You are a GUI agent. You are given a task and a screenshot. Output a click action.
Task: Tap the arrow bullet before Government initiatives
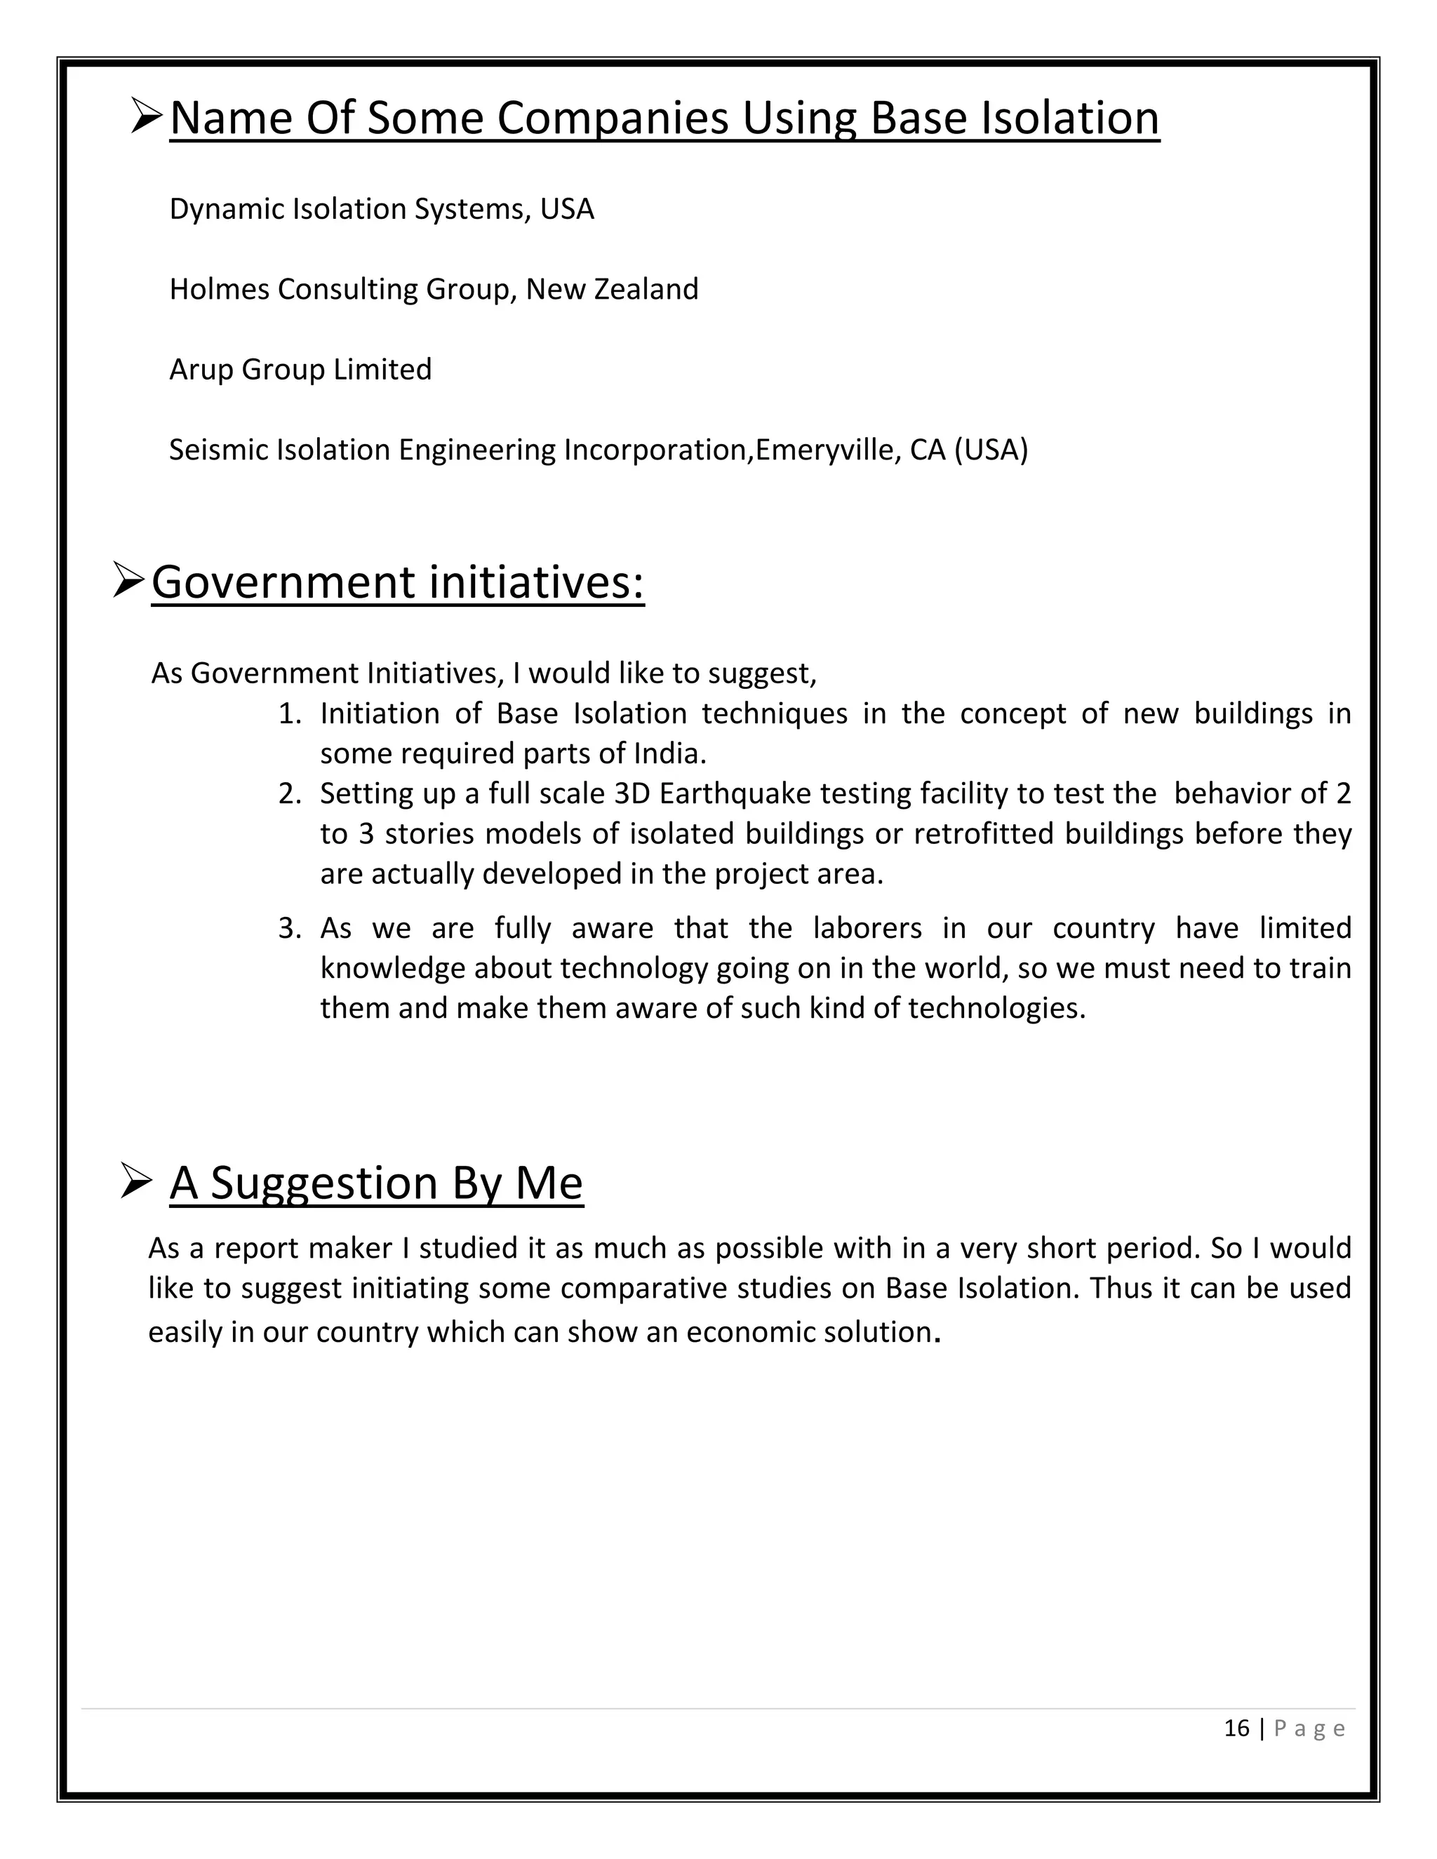pos(131,582)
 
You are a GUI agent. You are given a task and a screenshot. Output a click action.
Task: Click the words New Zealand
pos(611,290)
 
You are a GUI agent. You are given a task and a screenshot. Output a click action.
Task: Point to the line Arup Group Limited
pos(300,370)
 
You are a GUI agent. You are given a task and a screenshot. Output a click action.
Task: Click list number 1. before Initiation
pos(290,713)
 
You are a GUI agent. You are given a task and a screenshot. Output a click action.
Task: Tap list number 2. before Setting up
pos(290,793)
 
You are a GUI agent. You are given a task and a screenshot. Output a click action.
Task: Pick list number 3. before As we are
pos(290,928)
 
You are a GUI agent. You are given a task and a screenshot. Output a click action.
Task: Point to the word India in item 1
pos(667,753)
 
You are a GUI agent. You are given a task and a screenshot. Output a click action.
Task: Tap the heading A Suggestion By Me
pos(375,1183)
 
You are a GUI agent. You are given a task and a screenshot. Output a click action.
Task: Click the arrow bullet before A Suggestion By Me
pos(136,1181)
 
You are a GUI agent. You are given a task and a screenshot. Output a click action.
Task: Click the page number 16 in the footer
pos(1236,1728)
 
